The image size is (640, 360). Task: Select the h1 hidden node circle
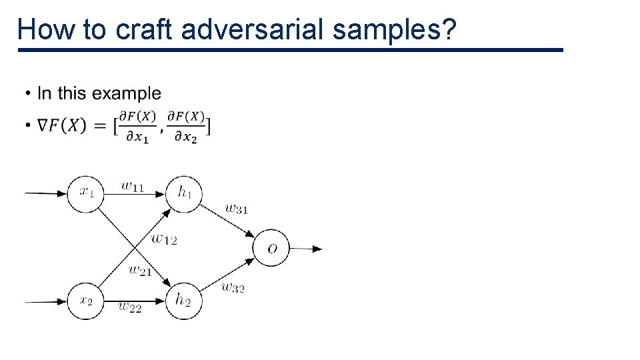point(184,193)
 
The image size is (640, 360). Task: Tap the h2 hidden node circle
point(183,301)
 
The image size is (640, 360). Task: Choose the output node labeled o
point(271,249)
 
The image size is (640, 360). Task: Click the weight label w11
point(133,186)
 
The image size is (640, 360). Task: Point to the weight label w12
point(164,238)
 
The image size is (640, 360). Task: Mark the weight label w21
point(140,271)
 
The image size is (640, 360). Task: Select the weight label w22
point(130,307)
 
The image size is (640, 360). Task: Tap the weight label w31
point(236,209)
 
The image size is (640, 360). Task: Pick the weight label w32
point(233,288)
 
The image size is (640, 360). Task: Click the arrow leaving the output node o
point(306,249)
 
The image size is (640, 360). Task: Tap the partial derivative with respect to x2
point(186,125)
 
